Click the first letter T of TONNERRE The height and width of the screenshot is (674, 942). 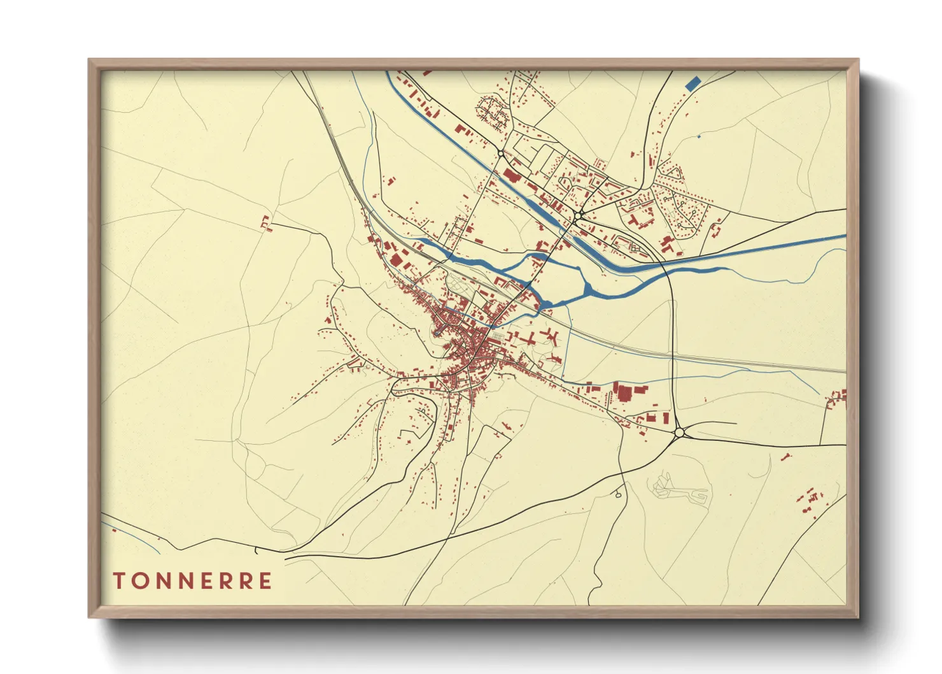[119, 581]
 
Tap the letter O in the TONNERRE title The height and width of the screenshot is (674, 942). [139, 581]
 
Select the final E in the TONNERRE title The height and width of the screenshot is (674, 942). [265, 581]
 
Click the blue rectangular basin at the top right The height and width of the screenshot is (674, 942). [692, 83]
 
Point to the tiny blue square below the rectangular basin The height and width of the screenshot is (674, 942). [699, 136]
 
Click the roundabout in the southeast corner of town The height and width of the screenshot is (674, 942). [679, 433]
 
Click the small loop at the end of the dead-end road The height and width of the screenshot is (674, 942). [619, 494]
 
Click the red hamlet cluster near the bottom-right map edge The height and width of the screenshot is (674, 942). [810, 500]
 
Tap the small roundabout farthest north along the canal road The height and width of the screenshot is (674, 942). [502, 154]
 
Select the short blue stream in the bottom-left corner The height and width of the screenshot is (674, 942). [137, 539]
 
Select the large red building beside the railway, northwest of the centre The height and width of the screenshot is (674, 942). [396, 260]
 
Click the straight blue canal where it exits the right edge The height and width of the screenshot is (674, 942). [841, 236]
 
